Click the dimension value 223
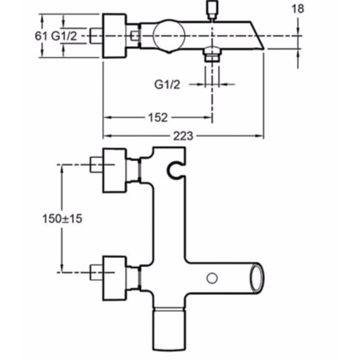[x=183, y=136]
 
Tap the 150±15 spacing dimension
[x=62, y=219]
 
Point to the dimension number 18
[x=298, y=9]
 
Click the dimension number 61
[x=41, y=36]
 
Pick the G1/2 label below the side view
[x=167, y=85]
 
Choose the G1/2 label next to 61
[x=64, y=36]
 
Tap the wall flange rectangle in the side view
[x=114, y=36]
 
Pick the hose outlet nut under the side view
[x=212, y=56]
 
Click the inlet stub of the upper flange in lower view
[x=96, y=164]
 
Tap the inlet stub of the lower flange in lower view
[x=96, y=272]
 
